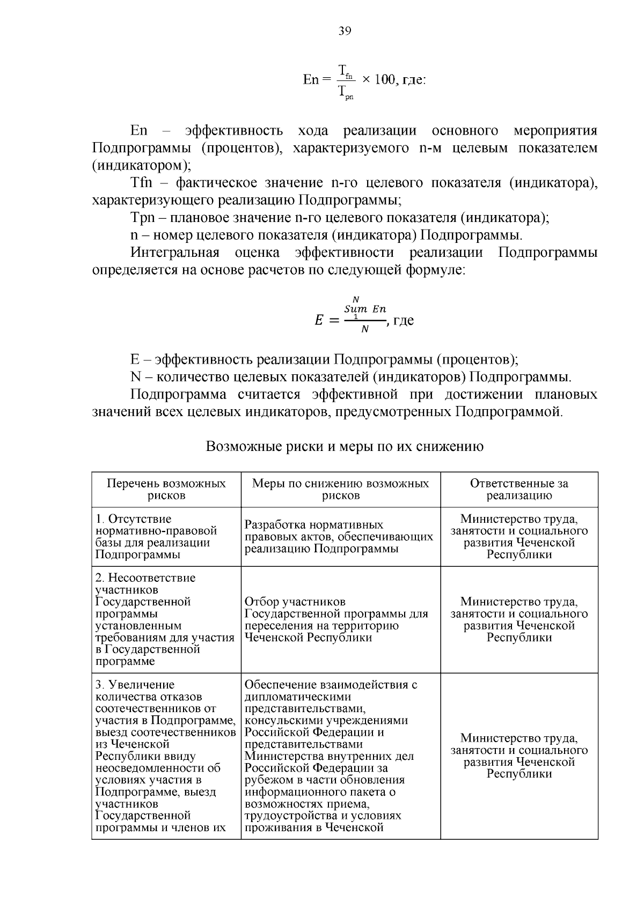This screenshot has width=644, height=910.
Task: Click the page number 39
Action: [345, 31]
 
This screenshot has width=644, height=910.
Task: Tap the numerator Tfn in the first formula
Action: [346, 70]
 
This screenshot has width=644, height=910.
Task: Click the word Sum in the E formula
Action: [356, 309]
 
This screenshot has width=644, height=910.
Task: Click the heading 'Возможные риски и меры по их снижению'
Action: [345, 446]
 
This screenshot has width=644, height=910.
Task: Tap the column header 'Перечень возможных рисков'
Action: [166, 489]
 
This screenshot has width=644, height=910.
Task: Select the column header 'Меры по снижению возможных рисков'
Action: [341, 489]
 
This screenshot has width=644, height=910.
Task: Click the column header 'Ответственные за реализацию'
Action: [519, 489]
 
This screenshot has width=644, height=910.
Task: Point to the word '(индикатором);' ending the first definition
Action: [141, 166]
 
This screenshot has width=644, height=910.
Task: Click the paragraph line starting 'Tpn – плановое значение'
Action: [340, 218]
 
